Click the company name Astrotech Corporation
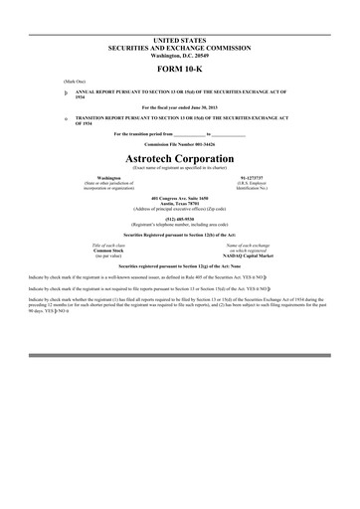pyautogui.click(x=179, y=157)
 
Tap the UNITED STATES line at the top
pyautogui.click(x=179, y=38)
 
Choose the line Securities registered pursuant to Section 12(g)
pyautogui.click(x=179, y=266)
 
